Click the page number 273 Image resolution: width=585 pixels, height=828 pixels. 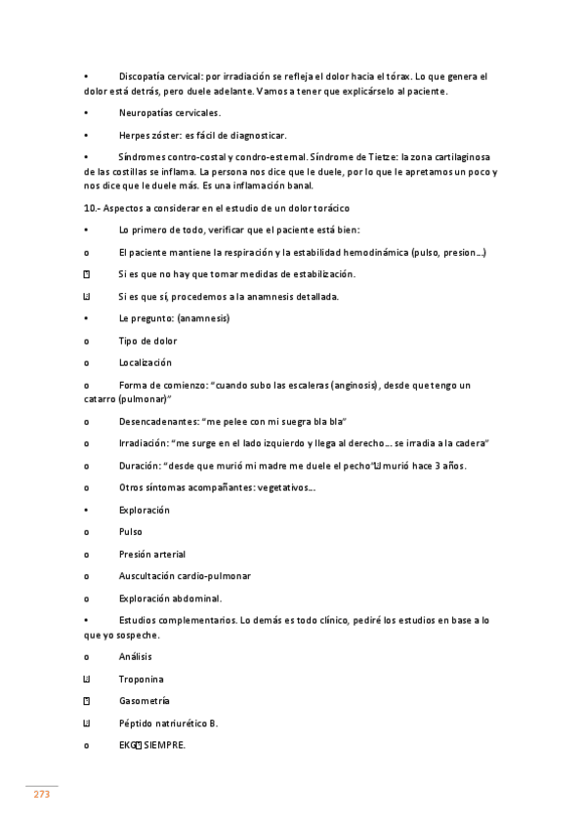(x=41, y=795)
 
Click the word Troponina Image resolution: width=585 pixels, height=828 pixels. (x=141, y=679)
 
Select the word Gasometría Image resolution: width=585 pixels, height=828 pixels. (x=144, y=701)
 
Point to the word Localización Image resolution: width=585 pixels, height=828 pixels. (x=145, y=362)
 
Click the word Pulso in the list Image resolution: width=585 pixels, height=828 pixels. (x=130, y=532)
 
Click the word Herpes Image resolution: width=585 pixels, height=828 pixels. (x=135, y=135)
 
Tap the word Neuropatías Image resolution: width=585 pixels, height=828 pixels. (x=146, y=112)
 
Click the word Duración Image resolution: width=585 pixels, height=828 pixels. (x=138, y=466)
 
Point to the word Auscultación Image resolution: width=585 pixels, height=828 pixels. (x=149, y=576)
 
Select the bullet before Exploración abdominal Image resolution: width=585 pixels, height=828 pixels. (x=87, y=599)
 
